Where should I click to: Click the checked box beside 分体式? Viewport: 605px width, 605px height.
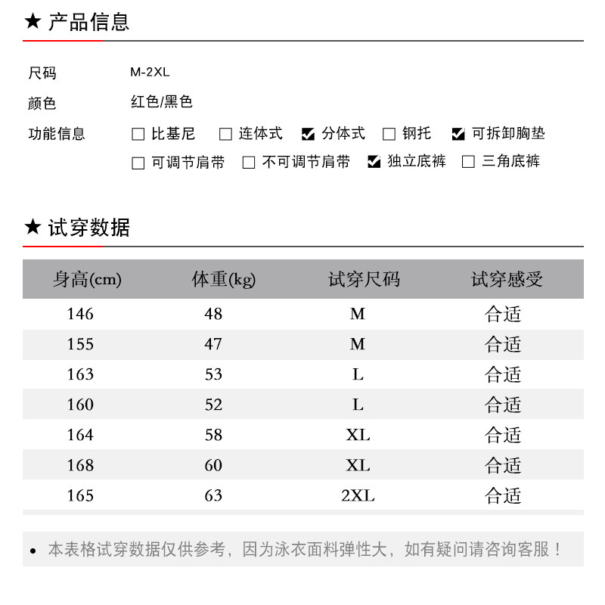tap(308, 135)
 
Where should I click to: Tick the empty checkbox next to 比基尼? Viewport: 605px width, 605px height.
tap(138, 135)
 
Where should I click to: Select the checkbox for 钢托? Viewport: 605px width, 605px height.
tap(389, 135)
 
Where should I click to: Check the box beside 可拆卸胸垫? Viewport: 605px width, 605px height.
tap(458, 135)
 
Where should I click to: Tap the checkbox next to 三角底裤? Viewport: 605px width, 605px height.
tap(468, 162)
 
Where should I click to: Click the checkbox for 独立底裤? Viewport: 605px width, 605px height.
tap(374, 162)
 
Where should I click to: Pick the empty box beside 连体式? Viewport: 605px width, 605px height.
tap(225, 135)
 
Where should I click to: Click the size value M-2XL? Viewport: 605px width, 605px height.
tap(150, 73)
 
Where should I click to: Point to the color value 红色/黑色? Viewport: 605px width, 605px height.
tap(161, 101)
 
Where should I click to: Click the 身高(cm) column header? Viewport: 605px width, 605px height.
tap(87, 280)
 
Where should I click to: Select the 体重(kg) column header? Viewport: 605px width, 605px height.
tap(224, 280)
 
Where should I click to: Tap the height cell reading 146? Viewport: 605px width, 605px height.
tap(80, 314)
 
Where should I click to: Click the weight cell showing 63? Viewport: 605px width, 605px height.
tap(213, 495)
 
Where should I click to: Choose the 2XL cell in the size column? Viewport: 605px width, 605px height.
tap(358, 495)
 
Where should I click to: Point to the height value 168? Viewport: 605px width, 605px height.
tap(80, 465)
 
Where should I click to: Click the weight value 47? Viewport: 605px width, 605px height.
tap(213, 344)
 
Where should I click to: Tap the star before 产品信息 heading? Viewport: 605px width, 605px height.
tap(33, 22)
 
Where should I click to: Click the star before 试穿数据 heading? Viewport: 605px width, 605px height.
tap(33, 227)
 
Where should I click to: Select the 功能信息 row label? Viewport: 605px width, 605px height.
tap(57, 134)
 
